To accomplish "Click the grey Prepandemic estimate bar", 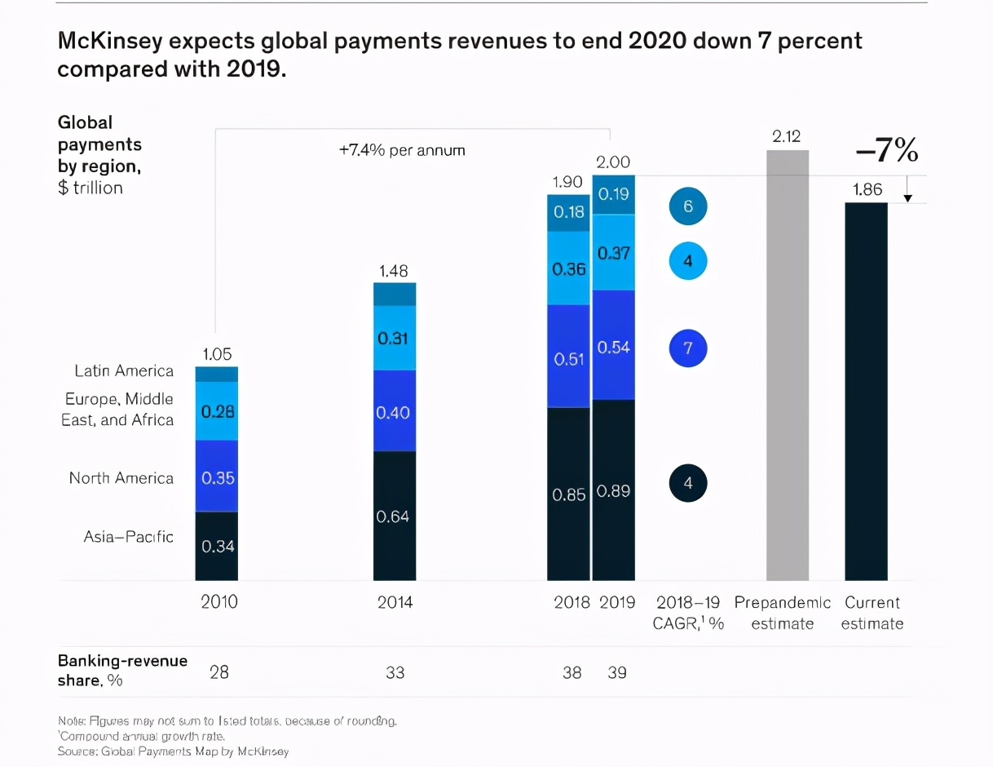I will point(788,365).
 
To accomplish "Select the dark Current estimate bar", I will point(866,392).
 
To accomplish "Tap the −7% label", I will point(887,151).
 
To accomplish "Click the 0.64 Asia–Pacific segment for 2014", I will point(395,516).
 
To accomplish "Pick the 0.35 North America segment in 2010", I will point(217,477).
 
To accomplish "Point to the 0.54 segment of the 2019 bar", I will point(613,346).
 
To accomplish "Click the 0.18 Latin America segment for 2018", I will point(568,212).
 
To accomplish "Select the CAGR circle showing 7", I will point(687,348).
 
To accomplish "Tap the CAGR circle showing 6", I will point(687,206).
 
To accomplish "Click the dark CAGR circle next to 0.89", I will point(687,483).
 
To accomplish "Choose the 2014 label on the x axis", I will point(395,603).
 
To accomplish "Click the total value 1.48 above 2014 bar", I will point(393,270).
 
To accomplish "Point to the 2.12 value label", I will point(787,137).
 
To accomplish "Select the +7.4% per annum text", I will point(402,151).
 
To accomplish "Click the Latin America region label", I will point(124,371).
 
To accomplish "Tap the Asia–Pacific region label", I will point(128,537).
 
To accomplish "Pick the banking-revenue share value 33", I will point(395,673).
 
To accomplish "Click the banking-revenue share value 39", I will point(616,673).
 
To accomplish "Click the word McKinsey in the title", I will point(111,41).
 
